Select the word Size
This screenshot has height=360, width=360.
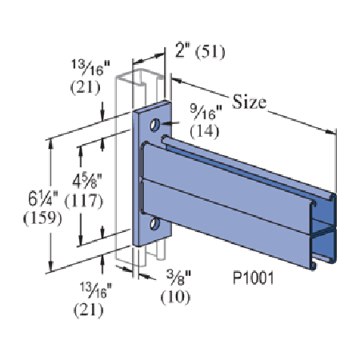click(x=250, y=102)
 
